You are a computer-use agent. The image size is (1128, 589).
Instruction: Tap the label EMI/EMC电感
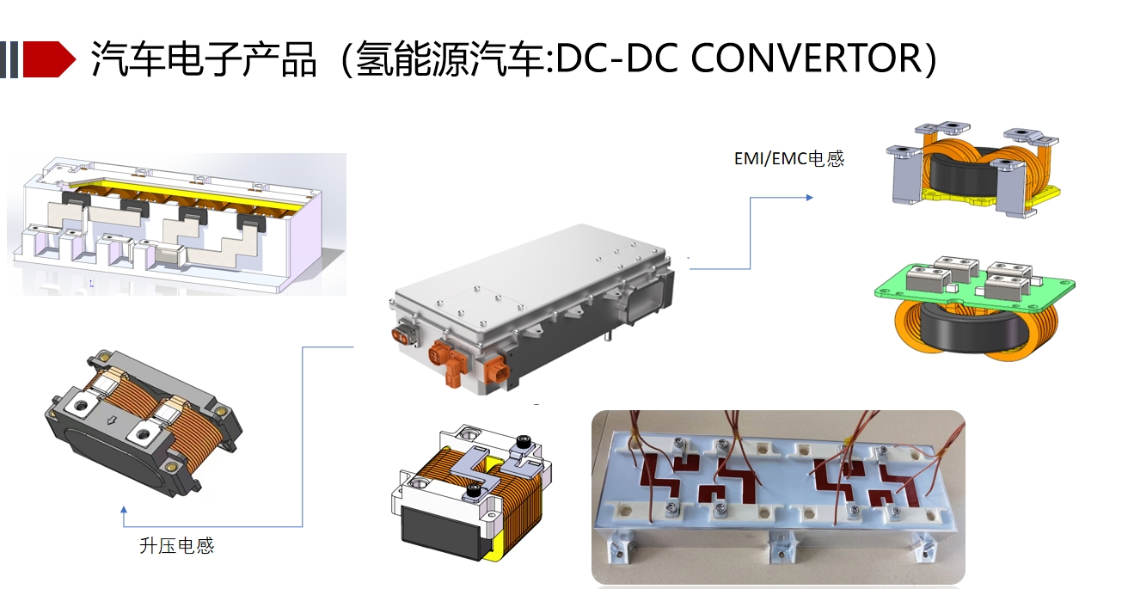[788, 158]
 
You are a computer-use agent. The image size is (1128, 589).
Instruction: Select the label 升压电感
[176, 546]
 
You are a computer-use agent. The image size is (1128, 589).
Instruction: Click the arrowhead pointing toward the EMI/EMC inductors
[808, 198]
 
